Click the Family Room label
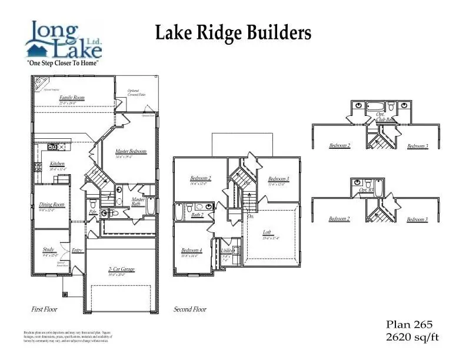coord(72,98)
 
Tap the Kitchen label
coord(57,164)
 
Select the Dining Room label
coord(51,205)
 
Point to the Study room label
coord(49,250)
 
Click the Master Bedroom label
coord(131,152)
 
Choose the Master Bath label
coord(138,202)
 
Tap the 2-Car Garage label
coord(121,269)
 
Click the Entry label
coord(77,251)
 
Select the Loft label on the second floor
coord(267,232)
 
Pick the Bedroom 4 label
coord(192,251)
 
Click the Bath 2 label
coord(197,215)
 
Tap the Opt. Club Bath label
coord(385,117)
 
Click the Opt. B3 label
coord(366,191)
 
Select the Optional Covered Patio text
coord(137,93)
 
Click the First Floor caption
coord(45,309)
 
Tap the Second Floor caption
coord(190,309)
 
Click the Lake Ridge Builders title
coord(233,34)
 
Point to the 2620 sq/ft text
coord(412,337)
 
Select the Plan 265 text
coord(409,325)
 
